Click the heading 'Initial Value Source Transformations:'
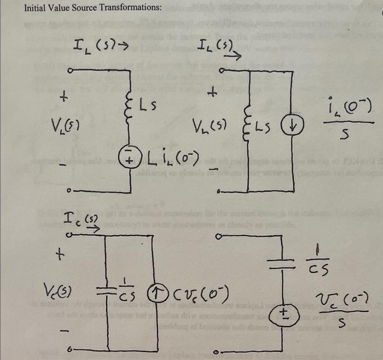92,8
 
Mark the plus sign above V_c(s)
63,255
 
